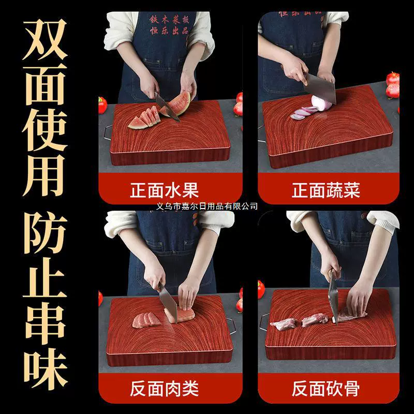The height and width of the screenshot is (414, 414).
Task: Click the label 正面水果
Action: click(x=164, y=190)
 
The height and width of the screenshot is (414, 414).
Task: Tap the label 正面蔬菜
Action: click(x=326, y=190)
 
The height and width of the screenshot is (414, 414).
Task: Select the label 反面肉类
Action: click(x=164, y=389)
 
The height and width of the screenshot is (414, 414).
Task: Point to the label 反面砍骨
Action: click(x=326, y=389)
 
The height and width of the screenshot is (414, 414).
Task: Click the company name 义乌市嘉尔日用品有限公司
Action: click(x=206, y=206)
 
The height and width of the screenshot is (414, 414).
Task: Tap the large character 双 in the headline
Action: click(x=45, y=40)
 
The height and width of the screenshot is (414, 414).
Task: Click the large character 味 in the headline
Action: click(x=46, y=368)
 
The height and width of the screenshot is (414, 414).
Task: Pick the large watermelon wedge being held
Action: click(x=178, y=103)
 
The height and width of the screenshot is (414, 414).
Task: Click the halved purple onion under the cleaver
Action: click(x=321, y=103)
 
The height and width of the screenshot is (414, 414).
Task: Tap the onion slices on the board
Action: click(x=302, y=112)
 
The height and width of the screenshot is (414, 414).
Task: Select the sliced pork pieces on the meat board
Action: click(x=146, y=320)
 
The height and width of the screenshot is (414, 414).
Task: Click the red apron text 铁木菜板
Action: click(x=169, y=19)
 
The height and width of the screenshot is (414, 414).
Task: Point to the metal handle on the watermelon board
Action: click(x=108, y=132)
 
